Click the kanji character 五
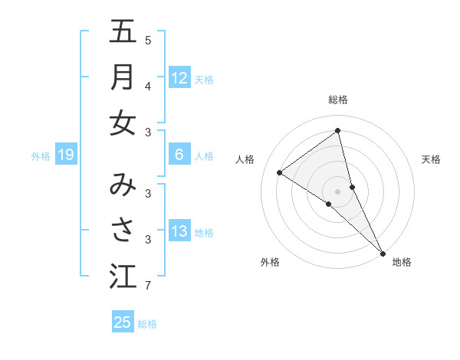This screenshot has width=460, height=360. [x=123, y=32]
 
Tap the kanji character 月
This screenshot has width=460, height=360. [x=123, y=77]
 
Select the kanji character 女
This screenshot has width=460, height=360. [x=123, y=122]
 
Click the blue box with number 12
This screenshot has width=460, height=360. [x=179, y=77]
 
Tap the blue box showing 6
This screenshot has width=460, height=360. [x=179, y=155]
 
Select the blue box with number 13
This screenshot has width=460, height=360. [x=179, y=231]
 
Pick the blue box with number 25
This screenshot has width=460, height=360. [x=123, y=322]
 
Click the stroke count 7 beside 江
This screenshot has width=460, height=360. [x=148, y=286]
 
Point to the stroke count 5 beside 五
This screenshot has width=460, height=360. [x=148, y=40]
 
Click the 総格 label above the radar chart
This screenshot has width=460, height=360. [x=338, y=100]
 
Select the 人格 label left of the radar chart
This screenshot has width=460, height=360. [x=245, y=159]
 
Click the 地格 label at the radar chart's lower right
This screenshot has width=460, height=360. [x=402, y=262]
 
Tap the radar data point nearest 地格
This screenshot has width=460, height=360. [x=383, y=253]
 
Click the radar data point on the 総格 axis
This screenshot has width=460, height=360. [x=338, y=130]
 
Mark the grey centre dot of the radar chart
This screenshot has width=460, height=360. [x=338, y=191]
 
